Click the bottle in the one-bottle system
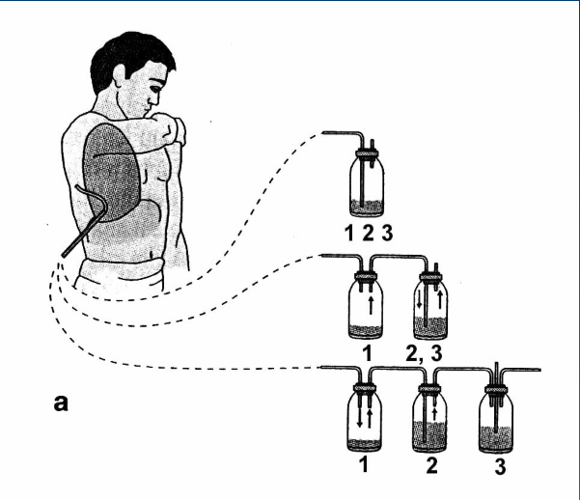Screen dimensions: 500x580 [367, 183]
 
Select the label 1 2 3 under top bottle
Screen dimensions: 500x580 [367, 232]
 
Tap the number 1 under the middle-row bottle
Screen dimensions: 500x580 [367, 354]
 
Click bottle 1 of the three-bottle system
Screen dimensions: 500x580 [365, 420]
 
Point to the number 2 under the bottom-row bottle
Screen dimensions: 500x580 [432, 468]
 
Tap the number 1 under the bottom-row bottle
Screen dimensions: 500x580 [366, 467]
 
